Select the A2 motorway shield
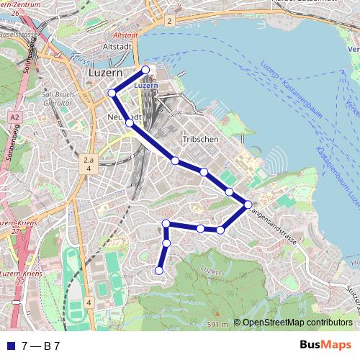[14, 117]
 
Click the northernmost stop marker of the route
[145, 70]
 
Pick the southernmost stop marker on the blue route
[158, 270]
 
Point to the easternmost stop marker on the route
[248, 204]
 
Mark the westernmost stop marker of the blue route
[112, 93]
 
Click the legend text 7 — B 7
[41, 346]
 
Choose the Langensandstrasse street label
[273, 225]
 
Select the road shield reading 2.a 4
[89, 163]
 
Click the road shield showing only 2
[169, 22]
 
